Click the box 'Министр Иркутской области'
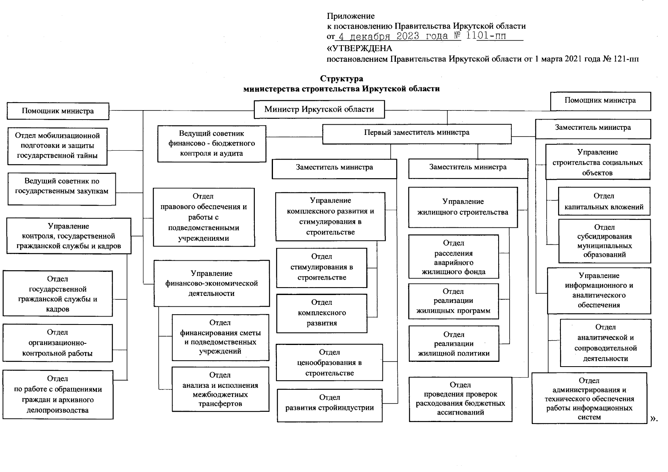coord(319,109)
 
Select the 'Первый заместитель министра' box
coord(417,133)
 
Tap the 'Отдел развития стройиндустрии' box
coord(330,405)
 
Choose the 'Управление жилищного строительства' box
coord(463,207)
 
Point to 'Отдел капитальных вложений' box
coord(604,201)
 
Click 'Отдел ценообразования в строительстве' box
coord(329,363)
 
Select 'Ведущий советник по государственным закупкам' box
coord(61,189)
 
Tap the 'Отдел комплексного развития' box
coord(322,313)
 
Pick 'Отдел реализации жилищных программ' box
coord(453,301)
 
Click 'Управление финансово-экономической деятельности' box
coord(212,283)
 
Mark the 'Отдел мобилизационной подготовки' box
coord(58,146)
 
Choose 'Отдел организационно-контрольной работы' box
coord(58,343)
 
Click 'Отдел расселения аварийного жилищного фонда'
coord(453,257)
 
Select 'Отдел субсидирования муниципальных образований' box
coord(604,241)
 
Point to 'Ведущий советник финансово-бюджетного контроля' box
coord(212,144)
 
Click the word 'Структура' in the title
coord(341,79)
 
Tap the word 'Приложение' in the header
coord(351,16)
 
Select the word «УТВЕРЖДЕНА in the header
coord(360,48)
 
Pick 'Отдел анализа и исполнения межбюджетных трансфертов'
coord(220,389)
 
